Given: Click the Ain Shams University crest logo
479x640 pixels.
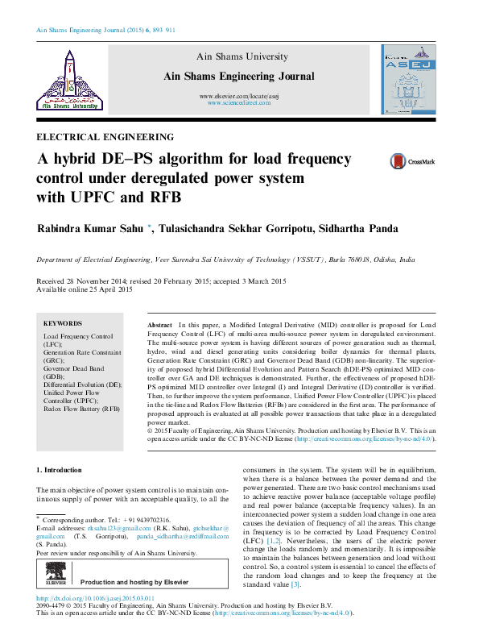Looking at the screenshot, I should (x=67, y=78).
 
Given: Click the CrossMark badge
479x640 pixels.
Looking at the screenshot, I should (x=411, y=161).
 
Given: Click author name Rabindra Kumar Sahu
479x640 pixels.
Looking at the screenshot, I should (x=90, y=229).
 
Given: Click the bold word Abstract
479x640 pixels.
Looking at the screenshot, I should (x=159, y=323).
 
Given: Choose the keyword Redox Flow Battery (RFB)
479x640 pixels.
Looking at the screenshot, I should (x=81, y=409).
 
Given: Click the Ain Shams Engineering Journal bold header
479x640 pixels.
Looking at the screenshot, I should (x=238, y=76).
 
